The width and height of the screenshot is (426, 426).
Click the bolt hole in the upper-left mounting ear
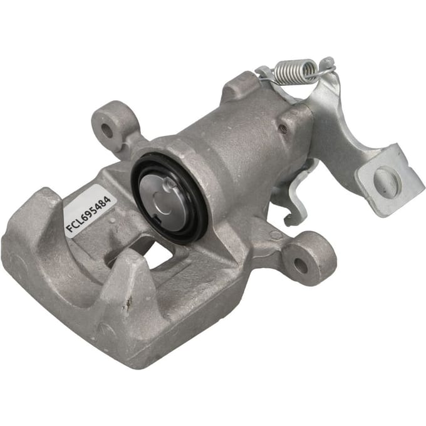[106, 131]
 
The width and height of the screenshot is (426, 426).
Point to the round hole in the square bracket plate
[387, 180]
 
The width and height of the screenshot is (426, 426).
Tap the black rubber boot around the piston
[169, 198]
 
